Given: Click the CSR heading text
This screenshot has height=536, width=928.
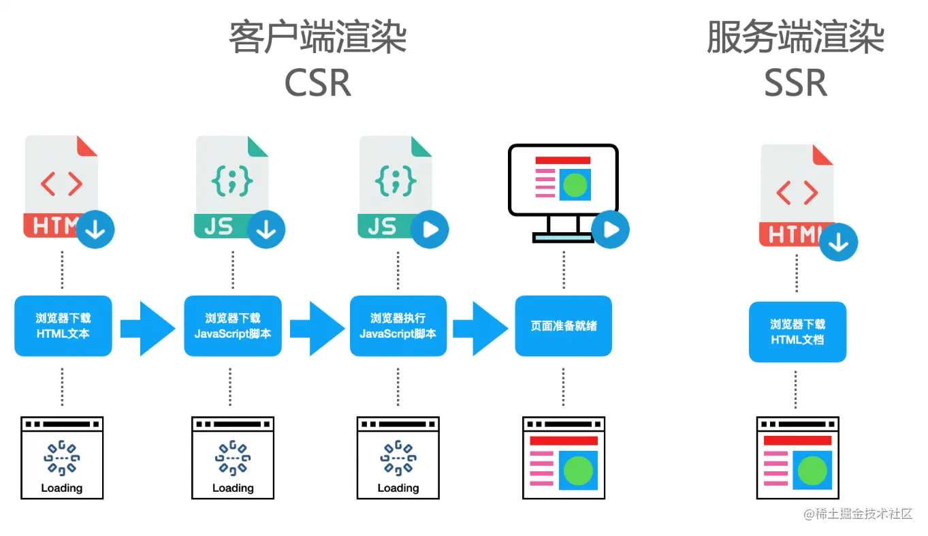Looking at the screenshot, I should coord(317,83).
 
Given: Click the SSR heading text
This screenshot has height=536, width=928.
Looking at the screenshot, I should coord(795,83).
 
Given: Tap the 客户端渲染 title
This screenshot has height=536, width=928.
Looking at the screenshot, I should coord(317,37).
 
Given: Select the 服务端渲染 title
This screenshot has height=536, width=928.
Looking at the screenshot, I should coord(795,37).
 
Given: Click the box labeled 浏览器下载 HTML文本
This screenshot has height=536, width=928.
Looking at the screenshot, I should coord(63,326).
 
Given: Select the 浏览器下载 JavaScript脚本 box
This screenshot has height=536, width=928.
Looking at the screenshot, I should coord(232,326).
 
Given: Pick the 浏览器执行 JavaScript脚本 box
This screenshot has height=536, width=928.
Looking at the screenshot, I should coord(398,326).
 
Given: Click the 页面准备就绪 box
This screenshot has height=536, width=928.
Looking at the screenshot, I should coord(563,326).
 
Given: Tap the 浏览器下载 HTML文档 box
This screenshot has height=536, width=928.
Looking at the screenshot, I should coord(797,332).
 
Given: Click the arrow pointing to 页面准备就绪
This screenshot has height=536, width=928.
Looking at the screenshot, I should coord(481,328).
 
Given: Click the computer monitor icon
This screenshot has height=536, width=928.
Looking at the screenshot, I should coord(562,191).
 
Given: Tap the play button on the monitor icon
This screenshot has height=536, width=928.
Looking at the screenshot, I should coord(611,230).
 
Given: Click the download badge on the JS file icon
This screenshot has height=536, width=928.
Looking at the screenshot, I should coord(266,230).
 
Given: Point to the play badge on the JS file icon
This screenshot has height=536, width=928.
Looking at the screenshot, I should coord(430,230).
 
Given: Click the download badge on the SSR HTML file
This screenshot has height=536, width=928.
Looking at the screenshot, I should coord(838,242).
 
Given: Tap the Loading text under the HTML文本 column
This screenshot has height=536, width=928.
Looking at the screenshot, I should coord(61,488).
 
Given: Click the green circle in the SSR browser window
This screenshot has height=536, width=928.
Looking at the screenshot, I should coord(812,471).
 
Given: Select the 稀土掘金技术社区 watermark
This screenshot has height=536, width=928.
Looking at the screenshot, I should coord(857,514).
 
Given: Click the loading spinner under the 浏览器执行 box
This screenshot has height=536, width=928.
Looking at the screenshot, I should coord(398,458).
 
